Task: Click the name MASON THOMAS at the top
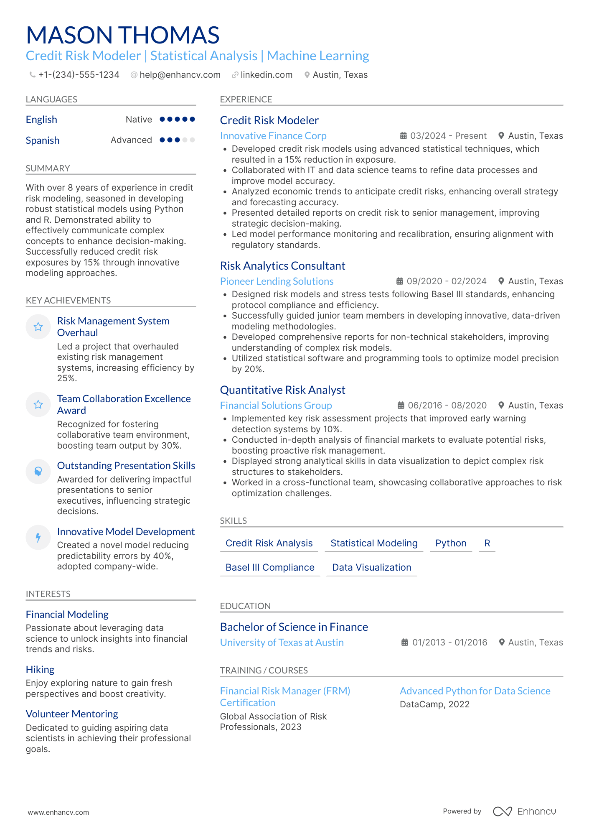[x=122, y=35]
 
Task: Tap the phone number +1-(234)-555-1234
[x=79, y=75]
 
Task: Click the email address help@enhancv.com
[x=180, y=75]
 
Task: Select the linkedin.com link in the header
[x=266, y=75]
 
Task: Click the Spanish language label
[x=43, y=140]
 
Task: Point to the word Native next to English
[x=139, y=120]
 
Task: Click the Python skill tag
[x=450, y=543]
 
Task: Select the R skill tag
[x=487, y=543]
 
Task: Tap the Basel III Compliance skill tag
[x=270, y=567]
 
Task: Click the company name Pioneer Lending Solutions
[x=277, y=281]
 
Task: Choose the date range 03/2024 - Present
[x=448, y=136]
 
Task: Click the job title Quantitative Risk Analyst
[x=282, y=390]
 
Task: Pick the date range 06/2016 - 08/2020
[x=447, y=406]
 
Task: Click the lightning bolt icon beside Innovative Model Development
[x=38, y=537]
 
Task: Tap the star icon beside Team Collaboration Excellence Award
[x=38, y=404]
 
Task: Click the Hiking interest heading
[x=40, y=670]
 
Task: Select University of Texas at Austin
[x=282, y=643]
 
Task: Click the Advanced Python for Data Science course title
[x=475, y=691]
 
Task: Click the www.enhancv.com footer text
[x=58, y=812]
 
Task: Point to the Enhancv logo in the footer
[x=525, y=811]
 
